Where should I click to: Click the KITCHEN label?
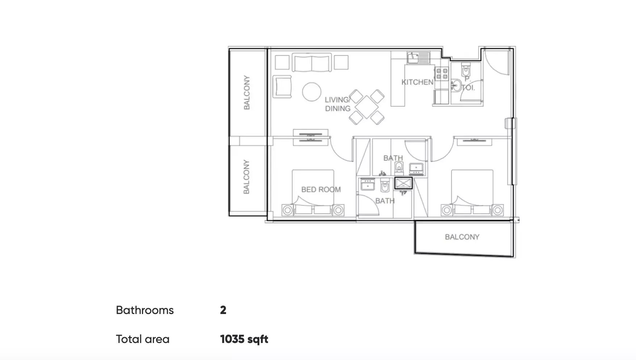coord(417,82)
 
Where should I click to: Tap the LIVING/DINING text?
coord(338,104)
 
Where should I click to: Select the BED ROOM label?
coord(321,189)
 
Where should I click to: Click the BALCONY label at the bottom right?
coord(462,237)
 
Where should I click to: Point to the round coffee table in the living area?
coord(311,92)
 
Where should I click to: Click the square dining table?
coord(367,107)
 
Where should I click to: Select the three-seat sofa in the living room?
coord(312,63)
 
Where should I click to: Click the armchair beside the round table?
coord(282,87)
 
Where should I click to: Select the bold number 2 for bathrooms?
coord(223,310)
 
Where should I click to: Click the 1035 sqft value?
coord(244,339)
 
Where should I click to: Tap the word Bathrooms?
coord(145,310)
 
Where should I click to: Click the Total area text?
coord(143,339)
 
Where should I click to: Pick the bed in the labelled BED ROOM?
coord(313,193)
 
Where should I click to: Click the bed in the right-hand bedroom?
coord(472,193)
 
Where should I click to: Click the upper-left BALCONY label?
coord(247,93)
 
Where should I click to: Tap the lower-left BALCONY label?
coord(247,177)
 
